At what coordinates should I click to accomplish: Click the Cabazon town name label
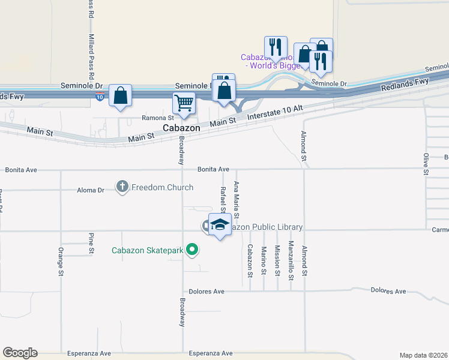(x=182, y=128)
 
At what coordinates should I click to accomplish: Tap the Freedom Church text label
(x=162, y=187)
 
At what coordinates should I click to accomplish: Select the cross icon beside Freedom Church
(x=122, y=187)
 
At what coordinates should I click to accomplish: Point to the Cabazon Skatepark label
(x=147, y=250)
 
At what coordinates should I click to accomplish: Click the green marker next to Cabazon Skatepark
(x=192, y=249)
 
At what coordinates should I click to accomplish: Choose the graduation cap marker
(x=220, y=224)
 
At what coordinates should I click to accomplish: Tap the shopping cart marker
(x=184, y=103)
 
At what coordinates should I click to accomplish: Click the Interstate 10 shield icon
(x=100, y=97)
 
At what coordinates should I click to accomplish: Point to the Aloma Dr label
(x=91, y=190)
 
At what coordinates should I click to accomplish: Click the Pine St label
(x=91, y=243)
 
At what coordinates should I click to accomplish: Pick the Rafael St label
(x=223, y=199)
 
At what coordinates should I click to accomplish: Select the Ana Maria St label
(x=237, y=200)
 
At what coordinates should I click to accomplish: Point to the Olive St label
(x=426, y=164)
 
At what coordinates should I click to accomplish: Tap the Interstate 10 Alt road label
(x=276, y=110)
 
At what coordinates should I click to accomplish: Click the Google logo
(x=20, y=353)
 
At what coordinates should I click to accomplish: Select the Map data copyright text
(x=423, y=355)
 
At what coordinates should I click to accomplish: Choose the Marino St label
(x=264, y=259)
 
